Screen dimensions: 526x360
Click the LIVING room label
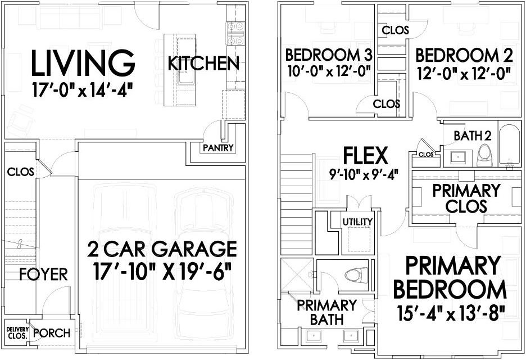pos(83,63)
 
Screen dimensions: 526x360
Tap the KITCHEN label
pos(203,63)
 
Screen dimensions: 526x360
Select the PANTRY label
pos(218,148)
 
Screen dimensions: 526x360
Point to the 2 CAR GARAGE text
pos(162,249)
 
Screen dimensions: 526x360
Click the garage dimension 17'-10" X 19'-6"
pos(163,271)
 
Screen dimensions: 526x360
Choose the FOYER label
pos(44,274)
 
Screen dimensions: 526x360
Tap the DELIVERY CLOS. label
pos(17,332)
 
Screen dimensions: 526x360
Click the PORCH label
pos(52,333)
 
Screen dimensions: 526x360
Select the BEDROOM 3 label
pos(328,55)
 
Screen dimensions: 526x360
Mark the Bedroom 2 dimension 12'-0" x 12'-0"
pos(464,73)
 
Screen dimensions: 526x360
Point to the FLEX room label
pos(366,155)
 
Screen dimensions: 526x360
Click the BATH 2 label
pos(472,136)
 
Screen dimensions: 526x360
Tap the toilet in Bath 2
pos(485,155)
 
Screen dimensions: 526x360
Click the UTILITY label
pos(357,222)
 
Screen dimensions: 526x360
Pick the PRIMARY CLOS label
pos(466,199)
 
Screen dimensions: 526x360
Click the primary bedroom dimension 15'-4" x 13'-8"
pos(451,312)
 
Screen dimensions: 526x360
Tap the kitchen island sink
pos(185,77)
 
